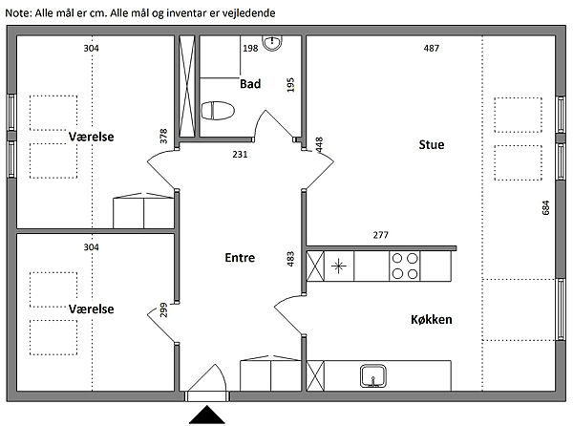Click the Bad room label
coord(250,84)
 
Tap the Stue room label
coord(432,144)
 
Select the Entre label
coord(240,258)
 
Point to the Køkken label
coord(432,320)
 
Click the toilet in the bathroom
coord(218,111)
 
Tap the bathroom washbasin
coord(272,43)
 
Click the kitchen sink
coord(373,375)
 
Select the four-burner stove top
coord(405,266)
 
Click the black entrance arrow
coord(207,415)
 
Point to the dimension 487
coord(432,48)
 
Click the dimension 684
coord(545,207)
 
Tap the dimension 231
coord(240,155)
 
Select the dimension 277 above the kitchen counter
coord(380,235)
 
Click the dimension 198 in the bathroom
coord(250,48)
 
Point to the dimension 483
coord(290,259)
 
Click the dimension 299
coord(163,309)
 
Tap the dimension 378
coord(163,136)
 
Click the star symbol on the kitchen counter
coord(338,266)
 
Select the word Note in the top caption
coord(18,13)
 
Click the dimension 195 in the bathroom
coord(290,85)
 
